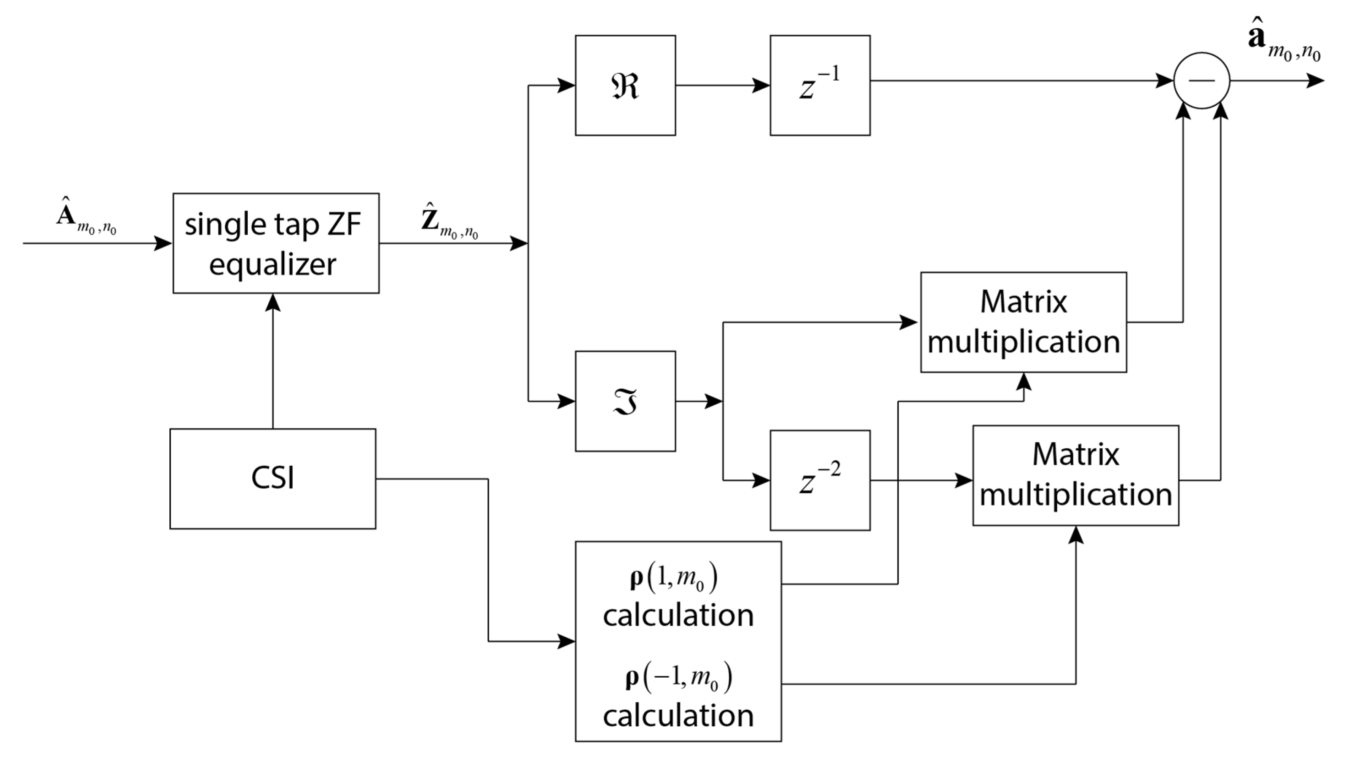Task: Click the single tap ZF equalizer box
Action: pos(276,243)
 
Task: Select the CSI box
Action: pos(273,479)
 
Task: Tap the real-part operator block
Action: pos(625,85)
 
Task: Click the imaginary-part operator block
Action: pos(625,401)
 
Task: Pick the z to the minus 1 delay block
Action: pos(820,85)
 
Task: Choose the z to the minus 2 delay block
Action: pos(820,480)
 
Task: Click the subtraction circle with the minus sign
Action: pos(1202,81)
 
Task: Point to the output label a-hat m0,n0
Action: pos(1284,45)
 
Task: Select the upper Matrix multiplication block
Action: pos(1023,322)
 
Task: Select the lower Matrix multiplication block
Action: pos(1076,475)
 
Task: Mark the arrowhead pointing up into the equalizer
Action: pos(273,303)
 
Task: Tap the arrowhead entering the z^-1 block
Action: pos(761,85)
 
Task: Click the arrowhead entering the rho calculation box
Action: pos(566,642)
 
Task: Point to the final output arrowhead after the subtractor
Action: pos(1315,81)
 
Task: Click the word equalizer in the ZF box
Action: pos(273,264)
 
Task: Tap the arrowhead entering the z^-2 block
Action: pos(761,480)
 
